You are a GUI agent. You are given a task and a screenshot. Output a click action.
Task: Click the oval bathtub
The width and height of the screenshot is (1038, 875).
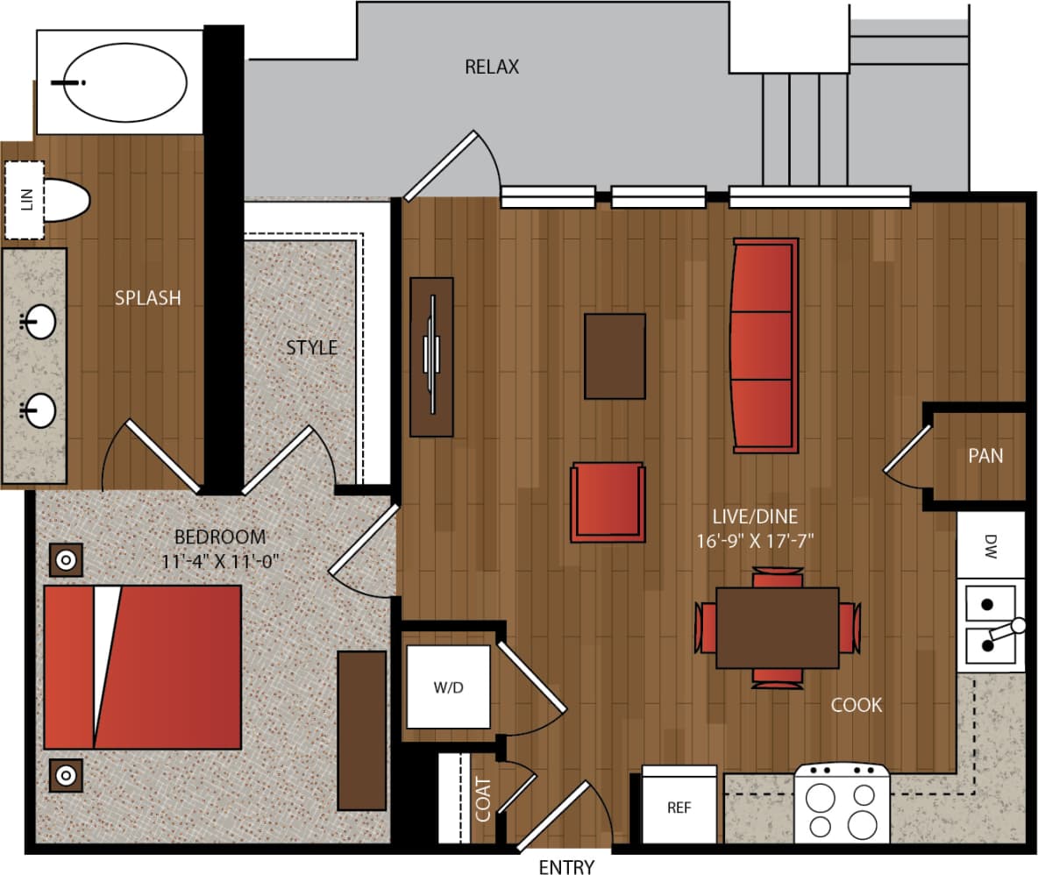coord(126,83)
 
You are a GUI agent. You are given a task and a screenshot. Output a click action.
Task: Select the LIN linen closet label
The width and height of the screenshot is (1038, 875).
coord(25,200)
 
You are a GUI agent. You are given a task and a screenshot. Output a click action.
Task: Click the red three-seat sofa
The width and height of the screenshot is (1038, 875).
coord(765,345)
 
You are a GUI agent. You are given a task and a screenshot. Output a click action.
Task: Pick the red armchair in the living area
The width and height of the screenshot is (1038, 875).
coord(608,502)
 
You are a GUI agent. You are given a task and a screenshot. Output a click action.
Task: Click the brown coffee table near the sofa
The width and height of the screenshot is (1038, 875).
coord(615,356)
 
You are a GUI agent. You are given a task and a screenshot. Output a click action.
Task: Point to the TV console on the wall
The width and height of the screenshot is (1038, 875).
coord(431,357)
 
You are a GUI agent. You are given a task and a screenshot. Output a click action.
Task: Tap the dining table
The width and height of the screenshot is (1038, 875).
coord(777,628)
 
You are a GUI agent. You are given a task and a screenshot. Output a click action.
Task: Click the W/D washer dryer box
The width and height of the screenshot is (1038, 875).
coord(448,687)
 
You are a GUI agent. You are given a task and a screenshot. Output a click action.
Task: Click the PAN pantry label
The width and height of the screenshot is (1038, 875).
coord(985,456)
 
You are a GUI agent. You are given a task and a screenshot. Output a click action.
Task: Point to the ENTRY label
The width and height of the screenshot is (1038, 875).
coord(565,867)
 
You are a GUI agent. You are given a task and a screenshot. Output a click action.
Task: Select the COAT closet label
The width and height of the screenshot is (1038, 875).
coord(483,800)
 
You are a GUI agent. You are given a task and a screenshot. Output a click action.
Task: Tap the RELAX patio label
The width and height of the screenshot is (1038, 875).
coord(492,67)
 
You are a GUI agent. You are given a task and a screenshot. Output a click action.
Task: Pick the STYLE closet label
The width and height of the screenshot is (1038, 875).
coord(311,348)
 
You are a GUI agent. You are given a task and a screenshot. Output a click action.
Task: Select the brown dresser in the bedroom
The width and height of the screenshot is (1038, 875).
coord(361,729)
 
